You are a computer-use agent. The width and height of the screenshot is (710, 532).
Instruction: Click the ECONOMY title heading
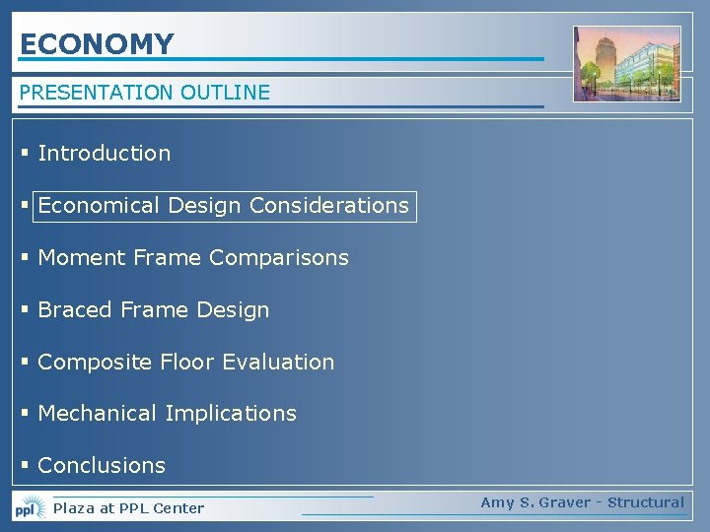(x=97, y=44)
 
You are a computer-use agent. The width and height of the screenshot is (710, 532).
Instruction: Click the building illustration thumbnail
(x=627, y=64)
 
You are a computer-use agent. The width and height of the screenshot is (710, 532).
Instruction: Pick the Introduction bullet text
(x=104, y=153)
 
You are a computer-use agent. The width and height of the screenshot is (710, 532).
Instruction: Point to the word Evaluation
(x=278, y=363)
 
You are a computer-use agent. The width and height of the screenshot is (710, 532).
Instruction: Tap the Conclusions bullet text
(x=102, y=465)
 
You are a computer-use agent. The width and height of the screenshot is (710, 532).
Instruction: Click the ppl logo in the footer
(x=30, y=508)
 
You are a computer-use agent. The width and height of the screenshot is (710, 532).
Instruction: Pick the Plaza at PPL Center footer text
(x=128, y=508)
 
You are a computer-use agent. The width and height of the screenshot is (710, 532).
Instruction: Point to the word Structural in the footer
(x=646, y=502)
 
